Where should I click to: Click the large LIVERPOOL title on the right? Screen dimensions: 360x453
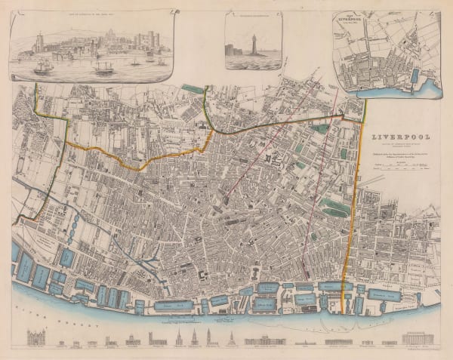[400, 138]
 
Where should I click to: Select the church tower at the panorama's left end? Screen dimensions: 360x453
[35, 42]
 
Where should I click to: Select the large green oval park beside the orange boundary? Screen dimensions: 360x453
[335, 205]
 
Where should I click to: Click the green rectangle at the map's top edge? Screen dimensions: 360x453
[193, 89]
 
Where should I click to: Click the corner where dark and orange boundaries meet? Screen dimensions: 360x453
[344, 115]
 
